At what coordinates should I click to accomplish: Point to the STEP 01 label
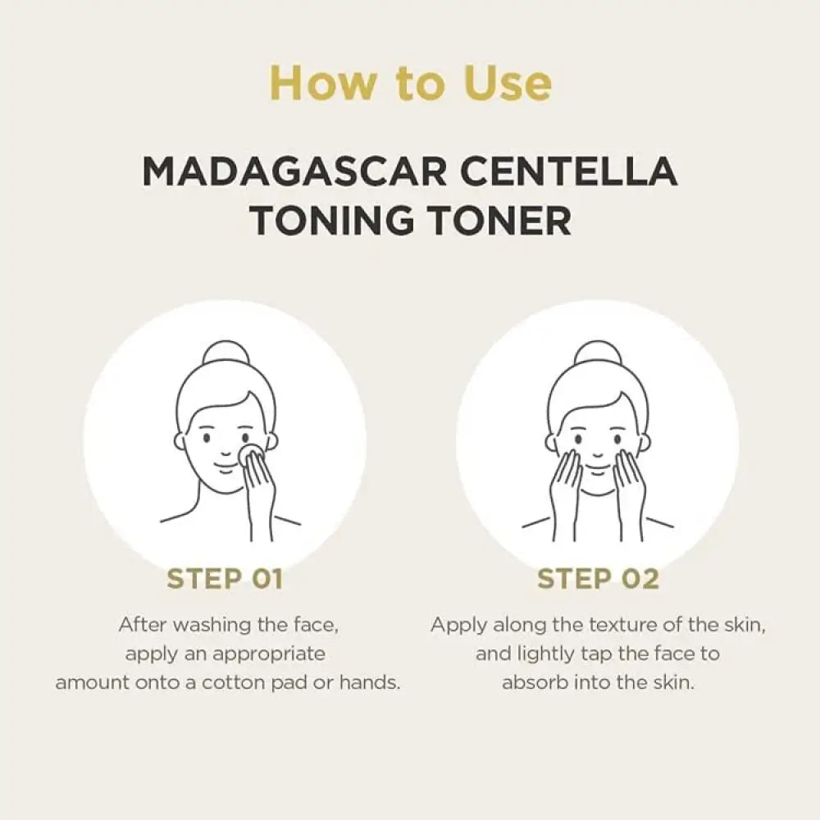225,579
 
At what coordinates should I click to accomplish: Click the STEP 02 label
598,579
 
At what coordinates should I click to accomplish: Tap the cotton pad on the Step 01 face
250,453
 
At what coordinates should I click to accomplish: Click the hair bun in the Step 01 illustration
225,354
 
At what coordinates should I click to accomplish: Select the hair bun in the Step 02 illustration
598,354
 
